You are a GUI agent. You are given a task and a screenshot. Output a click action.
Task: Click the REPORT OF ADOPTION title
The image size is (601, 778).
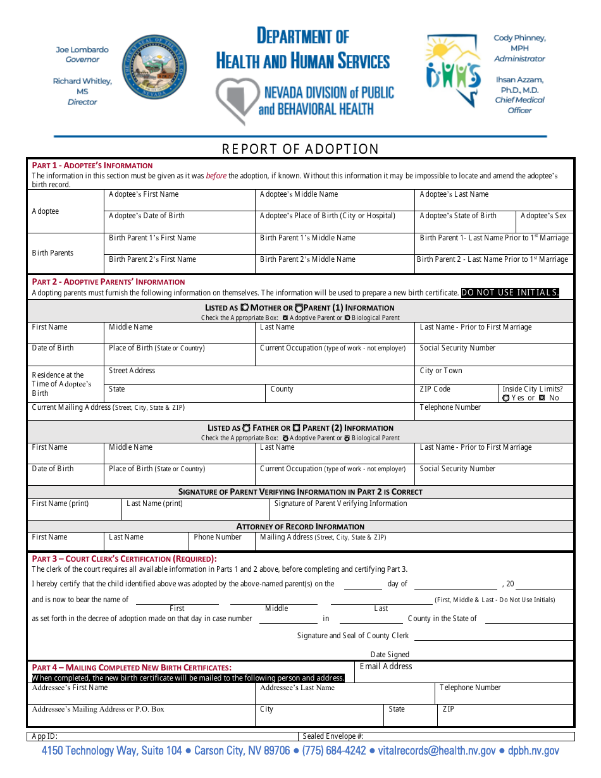click(300, 149)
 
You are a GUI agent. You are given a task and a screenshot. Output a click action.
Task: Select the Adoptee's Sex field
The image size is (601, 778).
click(545, 222)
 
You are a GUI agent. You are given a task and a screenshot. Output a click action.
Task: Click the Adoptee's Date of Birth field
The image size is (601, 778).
click(180, 222)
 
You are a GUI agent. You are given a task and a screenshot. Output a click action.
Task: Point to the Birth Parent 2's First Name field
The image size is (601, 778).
click(180, 265)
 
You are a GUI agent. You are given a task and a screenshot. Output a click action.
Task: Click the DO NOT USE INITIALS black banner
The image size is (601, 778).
click(510, 293)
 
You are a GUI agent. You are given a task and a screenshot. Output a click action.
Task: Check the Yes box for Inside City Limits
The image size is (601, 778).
click(506, 398)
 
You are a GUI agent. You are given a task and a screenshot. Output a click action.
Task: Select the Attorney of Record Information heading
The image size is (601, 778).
click(300, 526)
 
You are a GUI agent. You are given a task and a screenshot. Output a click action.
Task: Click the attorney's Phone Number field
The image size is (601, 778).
click(222, 542)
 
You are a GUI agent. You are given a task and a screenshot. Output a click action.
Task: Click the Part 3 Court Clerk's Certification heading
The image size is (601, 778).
click(125, 559)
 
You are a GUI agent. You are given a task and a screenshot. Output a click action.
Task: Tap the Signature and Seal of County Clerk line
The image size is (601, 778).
click(493, 636)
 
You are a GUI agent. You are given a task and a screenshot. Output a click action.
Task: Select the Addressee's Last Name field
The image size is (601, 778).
click(345, 694)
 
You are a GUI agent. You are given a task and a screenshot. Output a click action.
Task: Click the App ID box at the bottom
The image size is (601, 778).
click(162, 736)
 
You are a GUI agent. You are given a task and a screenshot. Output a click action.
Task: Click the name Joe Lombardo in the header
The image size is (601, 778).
click(82, 49)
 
